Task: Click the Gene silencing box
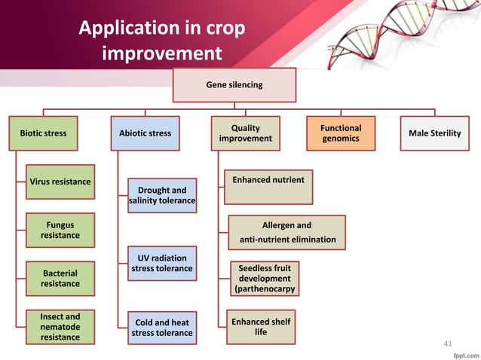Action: coord(234,86)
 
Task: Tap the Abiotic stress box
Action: coord(145,133)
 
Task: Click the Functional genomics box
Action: coord(341,133)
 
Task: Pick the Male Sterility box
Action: coord(434,133)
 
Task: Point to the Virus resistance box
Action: coord(60,182)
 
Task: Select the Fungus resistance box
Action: coord(60,230)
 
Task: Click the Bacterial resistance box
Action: coord(60,278)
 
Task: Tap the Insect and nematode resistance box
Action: coord(60,327)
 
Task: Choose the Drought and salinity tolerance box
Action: coord(162,196)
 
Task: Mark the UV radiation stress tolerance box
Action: coord(162,264)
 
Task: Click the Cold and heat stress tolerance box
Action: coord(162,328)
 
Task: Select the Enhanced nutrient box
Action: coord(268,187)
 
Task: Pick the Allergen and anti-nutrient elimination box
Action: coord(286,233)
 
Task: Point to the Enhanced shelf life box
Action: coord(260,327)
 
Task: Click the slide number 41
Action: coord(448,344)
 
